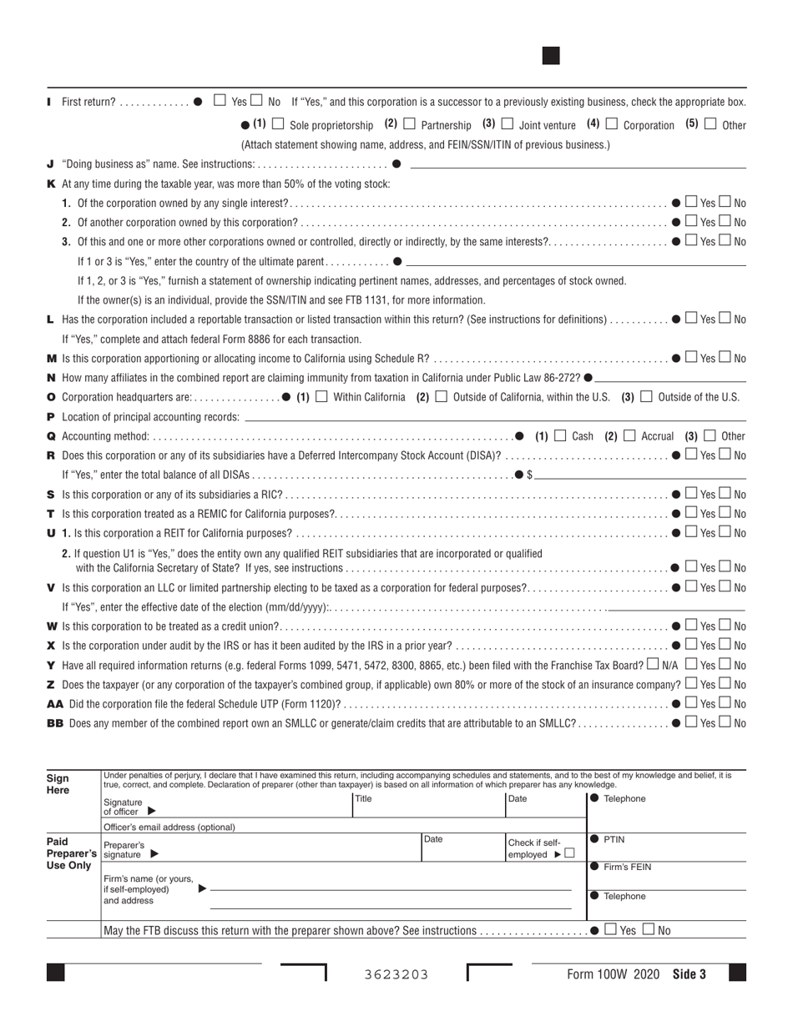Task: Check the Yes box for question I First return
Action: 220,101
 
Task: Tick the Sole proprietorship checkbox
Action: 278,124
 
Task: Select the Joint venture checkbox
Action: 508,124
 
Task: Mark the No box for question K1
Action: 725,203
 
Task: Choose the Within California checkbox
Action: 321,396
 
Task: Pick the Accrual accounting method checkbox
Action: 629,435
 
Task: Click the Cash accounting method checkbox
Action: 560,435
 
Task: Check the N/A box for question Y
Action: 653,665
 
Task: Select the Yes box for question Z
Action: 690,684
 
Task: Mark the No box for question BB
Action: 725,723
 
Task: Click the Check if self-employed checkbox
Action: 569,853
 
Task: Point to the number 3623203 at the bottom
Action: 396,974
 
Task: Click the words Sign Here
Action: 58,783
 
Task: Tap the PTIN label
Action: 614,840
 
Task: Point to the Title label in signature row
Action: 363,799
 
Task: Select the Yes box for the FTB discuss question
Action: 610,930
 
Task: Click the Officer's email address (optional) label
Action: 169,827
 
